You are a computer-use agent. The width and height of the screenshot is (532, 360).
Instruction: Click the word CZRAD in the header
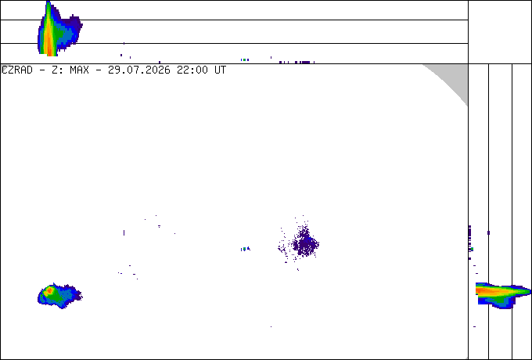tap(17, 70)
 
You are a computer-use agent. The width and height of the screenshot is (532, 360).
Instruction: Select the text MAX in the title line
tap(79, 70)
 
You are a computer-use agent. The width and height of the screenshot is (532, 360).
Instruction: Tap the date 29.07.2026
tap(139, 70)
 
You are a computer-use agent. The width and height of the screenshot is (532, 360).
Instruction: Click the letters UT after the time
tap(220, 70)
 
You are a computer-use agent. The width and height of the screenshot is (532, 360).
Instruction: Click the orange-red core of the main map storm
tap(49, 290)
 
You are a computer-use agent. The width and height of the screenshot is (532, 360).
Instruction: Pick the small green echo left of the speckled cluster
tap(244, 249)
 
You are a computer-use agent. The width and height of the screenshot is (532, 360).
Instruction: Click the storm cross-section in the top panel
tap(59, 28)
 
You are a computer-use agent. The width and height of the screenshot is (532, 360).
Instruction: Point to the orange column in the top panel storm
tap(49, 34)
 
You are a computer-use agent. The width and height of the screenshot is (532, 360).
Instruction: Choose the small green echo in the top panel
tap(244, 59)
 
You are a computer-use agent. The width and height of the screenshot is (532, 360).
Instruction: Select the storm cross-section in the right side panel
tap(503, 294)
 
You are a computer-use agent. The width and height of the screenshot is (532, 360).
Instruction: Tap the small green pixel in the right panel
tap(472, 249)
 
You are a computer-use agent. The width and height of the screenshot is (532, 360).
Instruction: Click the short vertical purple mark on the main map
tap(124, 232)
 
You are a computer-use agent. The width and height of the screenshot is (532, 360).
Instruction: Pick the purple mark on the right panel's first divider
tap(488, 232)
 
